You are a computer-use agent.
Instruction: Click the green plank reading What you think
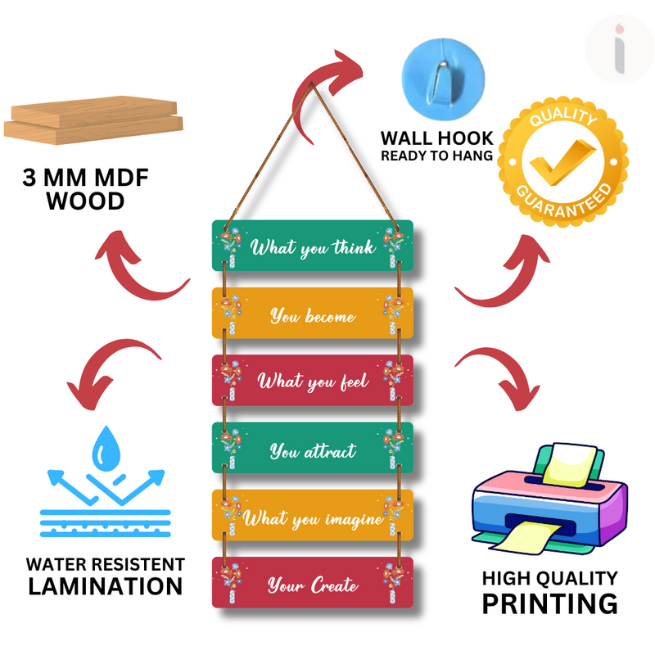click(x=312, y=246)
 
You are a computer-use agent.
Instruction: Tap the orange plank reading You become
click(x=312, y=314)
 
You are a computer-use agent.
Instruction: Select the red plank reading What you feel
click(x=312, y=381)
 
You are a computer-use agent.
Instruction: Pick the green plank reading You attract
click(x=312, y=449)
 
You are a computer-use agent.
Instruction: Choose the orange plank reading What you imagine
click(x=312, y=517)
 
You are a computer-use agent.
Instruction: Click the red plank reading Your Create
click(x=312, y=584)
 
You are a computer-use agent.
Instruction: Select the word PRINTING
click(x=549, y=603)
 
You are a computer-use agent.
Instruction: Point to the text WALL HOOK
click(x=436, y=138)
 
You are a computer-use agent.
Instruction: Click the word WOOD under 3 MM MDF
click(x=84, y=201)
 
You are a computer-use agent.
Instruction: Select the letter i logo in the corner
click(x=620, y=47)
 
